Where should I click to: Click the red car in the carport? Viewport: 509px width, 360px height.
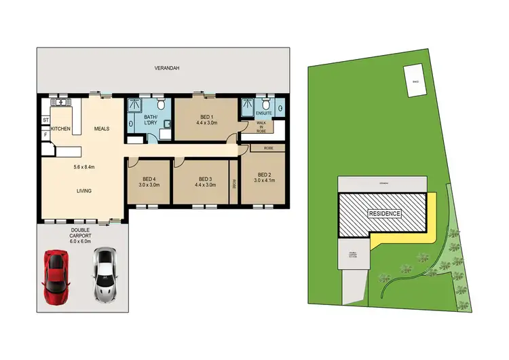point(56,276)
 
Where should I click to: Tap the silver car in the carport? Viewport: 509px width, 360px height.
point(104,274)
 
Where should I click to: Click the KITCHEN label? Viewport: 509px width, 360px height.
point(61,128)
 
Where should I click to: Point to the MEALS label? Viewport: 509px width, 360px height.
point(102,128)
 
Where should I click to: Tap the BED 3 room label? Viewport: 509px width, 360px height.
point(205,180)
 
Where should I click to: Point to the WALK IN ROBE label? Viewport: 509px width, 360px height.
point(261,126)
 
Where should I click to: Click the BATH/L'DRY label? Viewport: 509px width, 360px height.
point(151,122)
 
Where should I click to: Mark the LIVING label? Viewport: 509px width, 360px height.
point(83,191)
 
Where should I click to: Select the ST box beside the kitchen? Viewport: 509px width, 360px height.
point(45,121)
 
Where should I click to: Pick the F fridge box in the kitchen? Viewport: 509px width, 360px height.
point(46,134)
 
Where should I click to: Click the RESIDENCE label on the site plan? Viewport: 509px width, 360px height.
point(385,213)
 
